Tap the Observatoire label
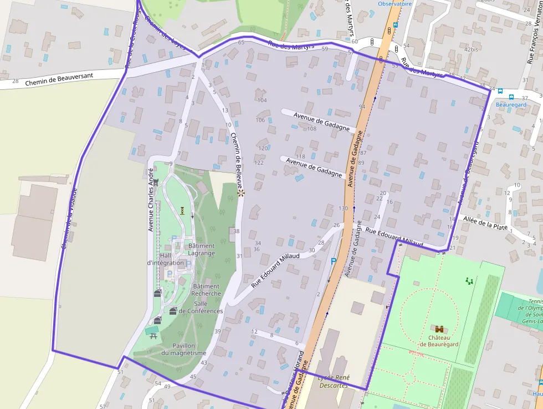pos(395,3)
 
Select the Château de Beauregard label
pos(439,340)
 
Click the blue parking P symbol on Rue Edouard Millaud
pos(333,261)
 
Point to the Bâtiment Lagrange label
pos(201,249)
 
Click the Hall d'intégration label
pos(165,259)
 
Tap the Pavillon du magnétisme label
pos(183,349)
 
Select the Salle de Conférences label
pos(201,307)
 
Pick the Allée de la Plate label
pos(485,223)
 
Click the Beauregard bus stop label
pos(510,104)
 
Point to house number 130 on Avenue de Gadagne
pos(343,208)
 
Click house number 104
pos(262,100)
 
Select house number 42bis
pos(471,49)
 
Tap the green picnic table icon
pos(152,330)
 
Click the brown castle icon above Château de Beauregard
pos(439,329)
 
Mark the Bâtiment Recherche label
pos(206,290)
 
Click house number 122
pos(259,163)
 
